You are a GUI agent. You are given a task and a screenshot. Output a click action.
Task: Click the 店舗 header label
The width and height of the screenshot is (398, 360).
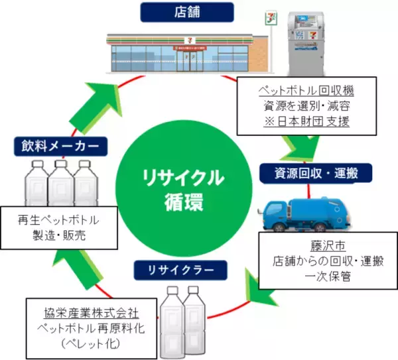[x=178, y=11]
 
